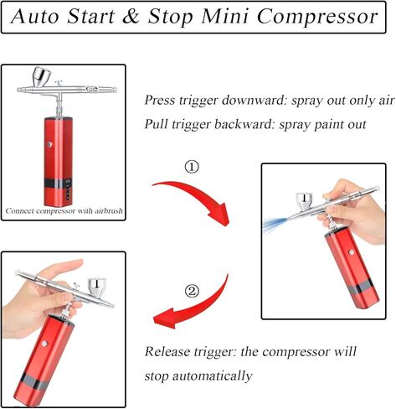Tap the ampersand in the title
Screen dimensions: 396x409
131,16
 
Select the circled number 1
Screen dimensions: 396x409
192,167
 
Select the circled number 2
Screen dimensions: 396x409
192,292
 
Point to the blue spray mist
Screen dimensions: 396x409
275,224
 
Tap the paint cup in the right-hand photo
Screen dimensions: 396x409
305,201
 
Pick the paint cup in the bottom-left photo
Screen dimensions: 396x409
97,287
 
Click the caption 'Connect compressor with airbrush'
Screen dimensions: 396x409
64,211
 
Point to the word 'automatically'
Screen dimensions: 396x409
213,376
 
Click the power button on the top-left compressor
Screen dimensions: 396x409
49,144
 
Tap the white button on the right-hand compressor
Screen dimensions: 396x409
352,252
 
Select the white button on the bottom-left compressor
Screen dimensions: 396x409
44,344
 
